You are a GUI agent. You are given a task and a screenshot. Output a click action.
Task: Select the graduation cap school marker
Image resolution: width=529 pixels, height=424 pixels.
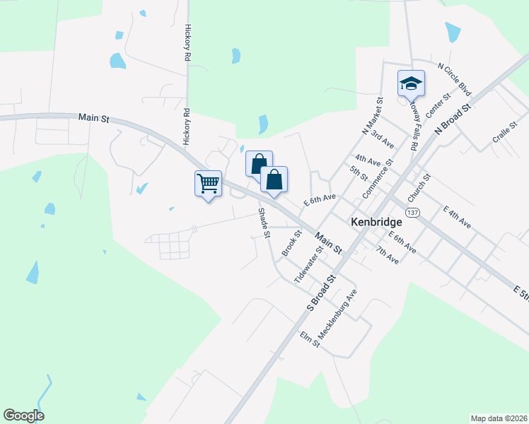tap(410, 84)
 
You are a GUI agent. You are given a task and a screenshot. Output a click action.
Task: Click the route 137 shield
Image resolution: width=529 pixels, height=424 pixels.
tap(414, 212)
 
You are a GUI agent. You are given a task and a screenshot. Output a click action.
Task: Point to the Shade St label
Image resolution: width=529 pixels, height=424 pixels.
tap(264, 223)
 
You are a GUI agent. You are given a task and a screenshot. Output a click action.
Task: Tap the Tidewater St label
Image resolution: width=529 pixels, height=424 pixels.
tap(308, 264)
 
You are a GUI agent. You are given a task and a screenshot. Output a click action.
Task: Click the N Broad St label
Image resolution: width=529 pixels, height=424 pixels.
tap(453, 119)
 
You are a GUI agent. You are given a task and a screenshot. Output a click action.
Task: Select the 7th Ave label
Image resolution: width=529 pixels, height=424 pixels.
tap(388, 255)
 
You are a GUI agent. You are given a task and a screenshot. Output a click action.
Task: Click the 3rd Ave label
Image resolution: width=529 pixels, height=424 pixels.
tap(382, 137)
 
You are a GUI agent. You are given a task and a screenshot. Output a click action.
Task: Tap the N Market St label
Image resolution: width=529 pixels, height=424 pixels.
tap(371, 117)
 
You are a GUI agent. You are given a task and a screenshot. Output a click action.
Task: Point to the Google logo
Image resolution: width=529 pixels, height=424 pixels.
tap(23, 416)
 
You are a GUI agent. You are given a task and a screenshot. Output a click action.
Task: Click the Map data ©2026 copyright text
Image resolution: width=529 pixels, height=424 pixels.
tap(499, 418)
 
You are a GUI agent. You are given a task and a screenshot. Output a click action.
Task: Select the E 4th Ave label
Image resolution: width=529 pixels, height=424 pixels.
tap(457, 217)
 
